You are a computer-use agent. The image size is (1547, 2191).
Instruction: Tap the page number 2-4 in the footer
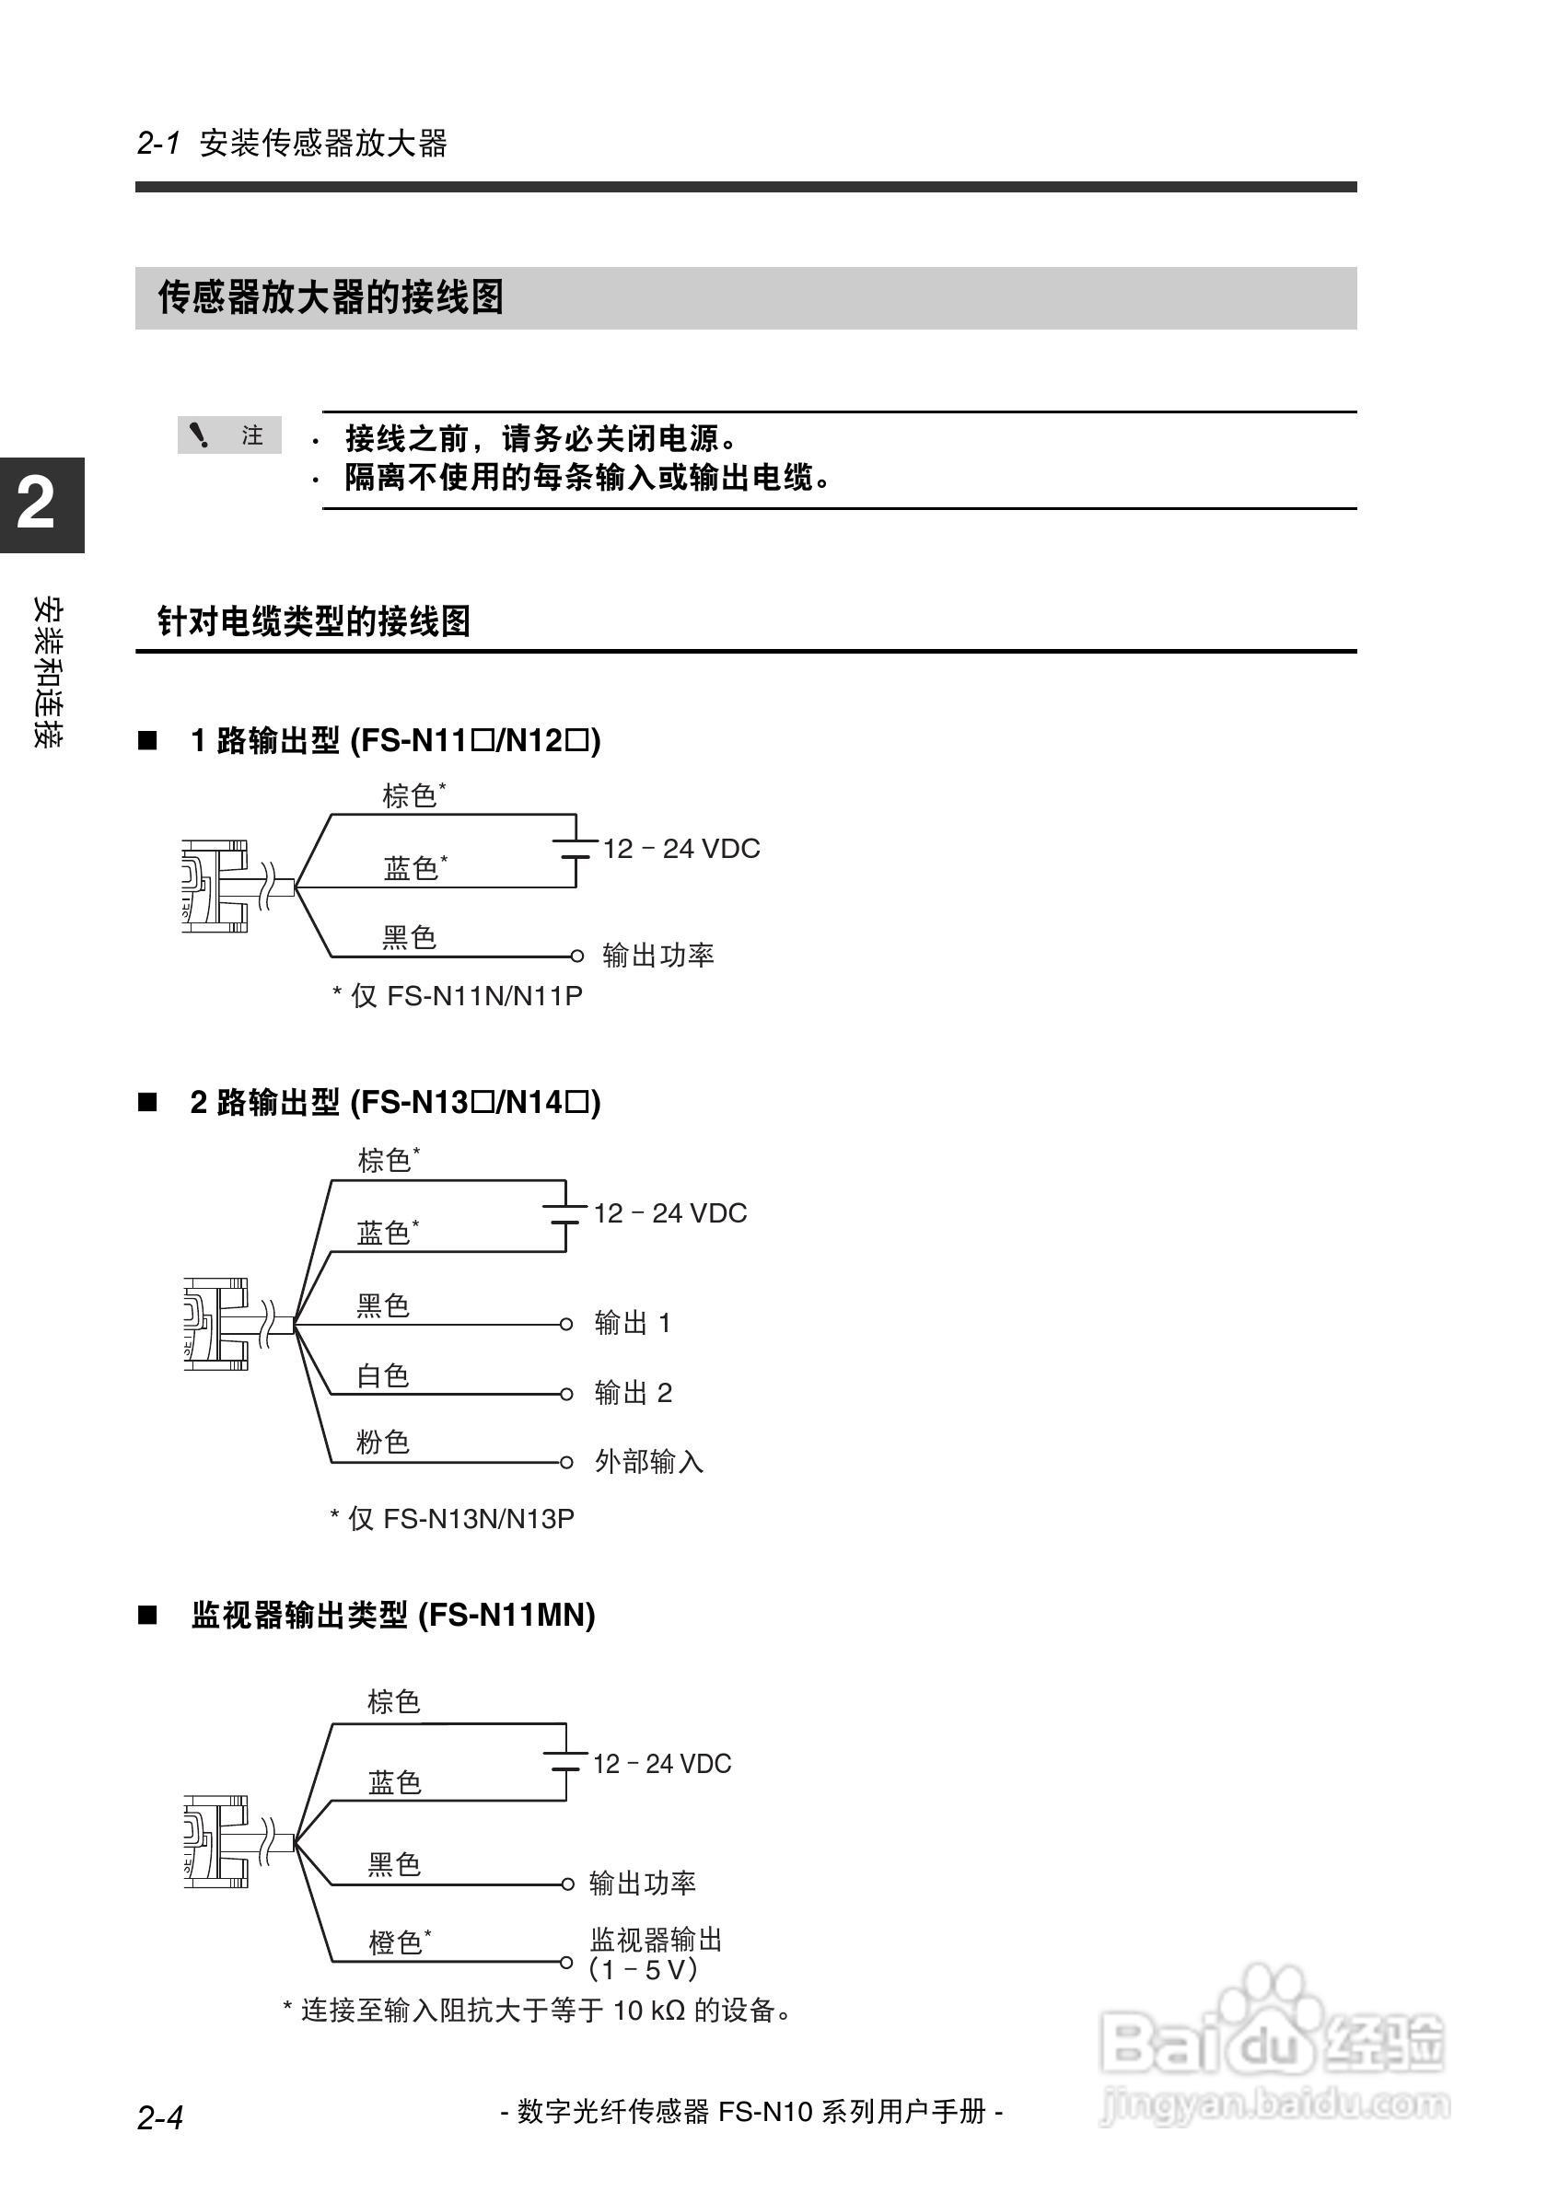[x=160, y=2117]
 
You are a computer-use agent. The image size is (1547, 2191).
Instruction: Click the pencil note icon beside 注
[x=199, y=435]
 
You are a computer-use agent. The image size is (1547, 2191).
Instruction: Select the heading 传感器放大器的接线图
[x=331, y=297]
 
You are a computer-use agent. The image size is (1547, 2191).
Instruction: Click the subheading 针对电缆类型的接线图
[x=314, y=621]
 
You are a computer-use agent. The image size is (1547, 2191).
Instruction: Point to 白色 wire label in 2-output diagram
[x=383, y=1375]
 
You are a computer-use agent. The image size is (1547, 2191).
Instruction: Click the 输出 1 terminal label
[x=633, y=1323]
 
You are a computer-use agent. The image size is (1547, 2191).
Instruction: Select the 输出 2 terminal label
[x=633, y=1392]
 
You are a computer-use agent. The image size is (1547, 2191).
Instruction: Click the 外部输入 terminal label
[x=649, y=1461]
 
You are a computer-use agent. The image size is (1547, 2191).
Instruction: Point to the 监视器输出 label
[x=656, y=1939]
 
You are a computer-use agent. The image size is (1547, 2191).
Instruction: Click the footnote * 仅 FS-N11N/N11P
[x=457, y=995]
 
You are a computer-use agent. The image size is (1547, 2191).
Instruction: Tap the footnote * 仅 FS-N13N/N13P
[x=452, y=1518]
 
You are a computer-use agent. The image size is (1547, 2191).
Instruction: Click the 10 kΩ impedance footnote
[x=537, y=2010]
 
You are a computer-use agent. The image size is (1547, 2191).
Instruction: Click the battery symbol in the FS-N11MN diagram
[x=565, y=1762]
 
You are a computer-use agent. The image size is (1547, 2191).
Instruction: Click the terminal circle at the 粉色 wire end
[x=566, y=1462]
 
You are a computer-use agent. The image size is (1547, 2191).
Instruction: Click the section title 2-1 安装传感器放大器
[x=292, y=143]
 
